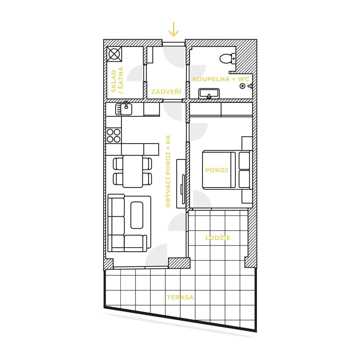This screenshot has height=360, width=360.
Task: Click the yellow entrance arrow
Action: (173, 30)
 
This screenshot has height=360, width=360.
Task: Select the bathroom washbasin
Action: (209, 93)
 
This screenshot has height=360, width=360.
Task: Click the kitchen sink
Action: (124, 109)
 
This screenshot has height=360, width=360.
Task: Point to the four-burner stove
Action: (114, 136)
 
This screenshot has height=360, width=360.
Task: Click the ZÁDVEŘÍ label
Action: (166, 92)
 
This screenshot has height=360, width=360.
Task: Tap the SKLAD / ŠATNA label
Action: (117, 80)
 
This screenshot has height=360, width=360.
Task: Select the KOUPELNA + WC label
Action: (221, 79)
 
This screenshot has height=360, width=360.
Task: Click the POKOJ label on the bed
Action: (217, 170)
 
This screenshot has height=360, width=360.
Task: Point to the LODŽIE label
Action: (218, 238)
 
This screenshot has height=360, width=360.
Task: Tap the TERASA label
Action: (180, 297)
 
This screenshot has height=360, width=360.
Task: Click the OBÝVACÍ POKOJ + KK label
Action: (168, 171)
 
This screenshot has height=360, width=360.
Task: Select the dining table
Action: (133, 171)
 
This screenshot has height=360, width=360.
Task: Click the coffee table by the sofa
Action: (137, 215)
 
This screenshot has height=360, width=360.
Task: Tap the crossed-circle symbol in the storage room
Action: (114, 54)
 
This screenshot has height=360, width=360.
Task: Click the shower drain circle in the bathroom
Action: (242, 86)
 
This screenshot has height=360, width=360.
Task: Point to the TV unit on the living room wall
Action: (181, 184)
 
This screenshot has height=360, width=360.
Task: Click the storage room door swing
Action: (135, 73)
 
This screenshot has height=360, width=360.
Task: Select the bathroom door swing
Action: (197, 73)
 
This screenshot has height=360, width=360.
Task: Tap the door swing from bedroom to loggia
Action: (202, 199)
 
